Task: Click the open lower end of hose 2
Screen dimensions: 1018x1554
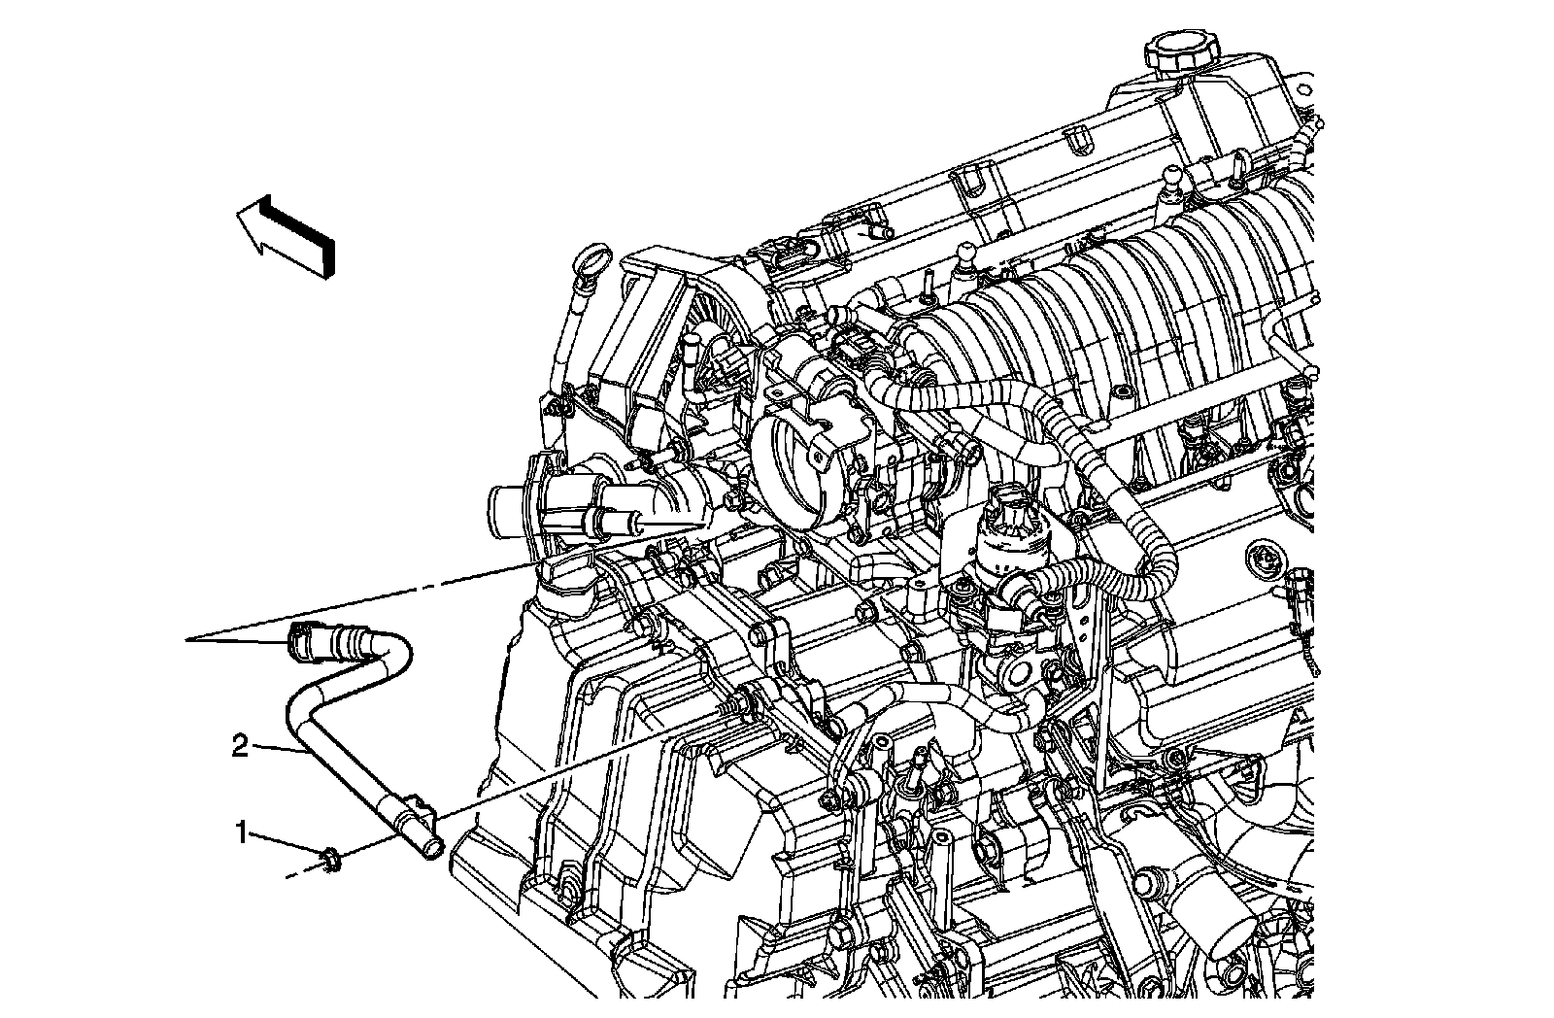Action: (431, 848)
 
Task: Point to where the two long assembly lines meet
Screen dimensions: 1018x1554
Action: (191, 639)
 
